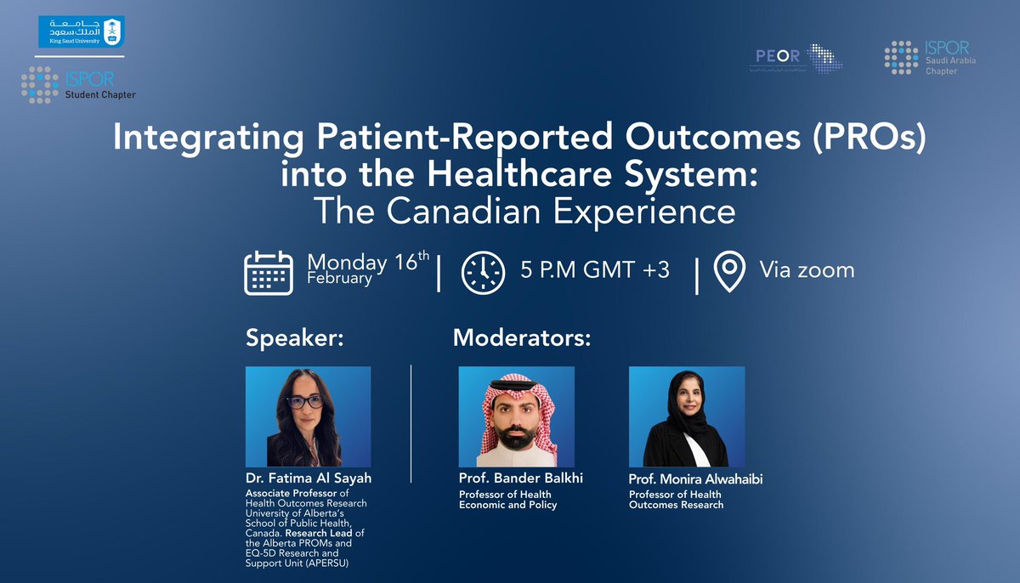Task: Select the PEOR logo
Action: click(798, 59)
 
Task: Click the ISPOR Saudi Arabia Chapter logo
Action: click(926, 58)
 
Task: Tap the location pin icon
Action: click(728, 271)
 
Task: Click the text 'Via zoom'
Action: click(807, 269)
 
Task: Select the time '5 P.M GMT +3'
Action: click(595, 270)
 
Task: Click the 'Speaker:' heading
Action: click(294, 337)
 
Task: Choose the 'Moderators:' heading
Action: click(521, 337)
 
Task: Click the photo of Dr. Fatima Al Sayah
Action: click(308, 416)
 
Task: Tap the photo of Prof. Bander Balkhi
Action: click(516, 416)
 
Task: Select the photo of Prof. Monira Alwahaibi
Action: click(686, 416)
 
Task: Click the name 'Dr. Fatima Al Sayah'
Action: click(308, 478)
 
